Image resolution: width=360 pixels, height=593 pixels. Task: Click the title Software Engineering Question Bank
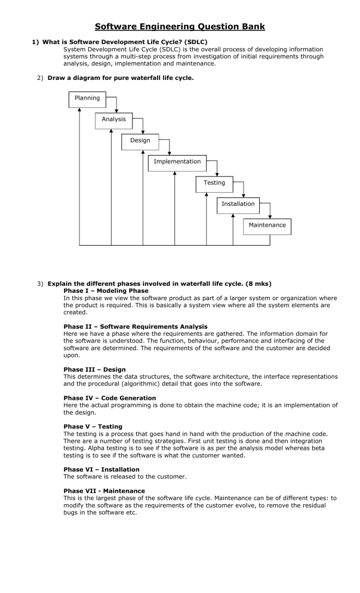[x=180, y=27]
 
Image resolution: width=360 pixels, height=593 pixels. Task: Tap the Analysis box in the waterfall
[x=113, y=120]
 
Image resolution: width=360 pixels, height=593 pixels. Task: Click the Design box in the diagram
[x=140, y=141]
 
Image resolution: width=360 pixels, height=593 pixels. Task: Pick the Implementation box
[x=177, y=162]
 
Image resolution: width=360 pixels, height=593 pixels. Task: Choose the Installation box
[x=238, y=205]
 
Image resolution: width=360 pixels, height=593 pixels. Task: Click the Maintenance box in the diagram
[x=267, y=226]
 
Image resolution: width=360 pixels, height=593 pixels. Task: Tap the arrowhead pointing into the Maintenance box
[x=270, y=216]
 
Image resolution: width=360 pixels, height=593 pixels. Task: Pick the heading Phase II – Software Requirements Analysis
[x=136, y=326]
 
